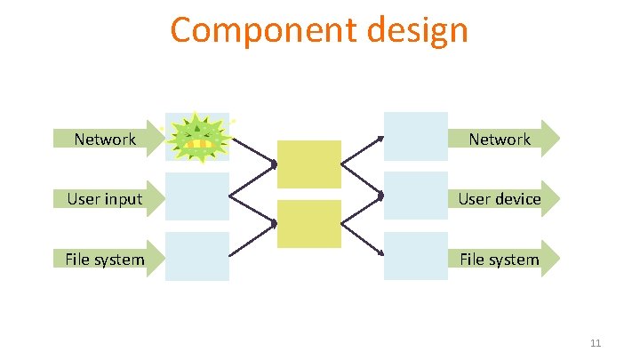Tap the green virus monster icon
199,138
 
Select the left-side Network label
105,139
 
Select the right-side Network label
499,139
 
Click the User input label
105,199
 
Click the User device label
499,199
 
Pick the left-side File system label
104,260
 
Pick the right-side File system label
499,260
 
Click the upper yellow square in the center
309,164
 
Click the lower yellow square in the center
309,224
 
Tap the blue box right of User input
197,196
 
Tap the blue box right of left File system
197,256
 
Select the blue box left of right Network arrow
415,136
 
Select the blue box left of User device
415,196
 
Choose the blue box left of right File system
415,256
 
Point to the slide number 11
596,344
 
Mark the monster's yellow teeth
201,143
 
